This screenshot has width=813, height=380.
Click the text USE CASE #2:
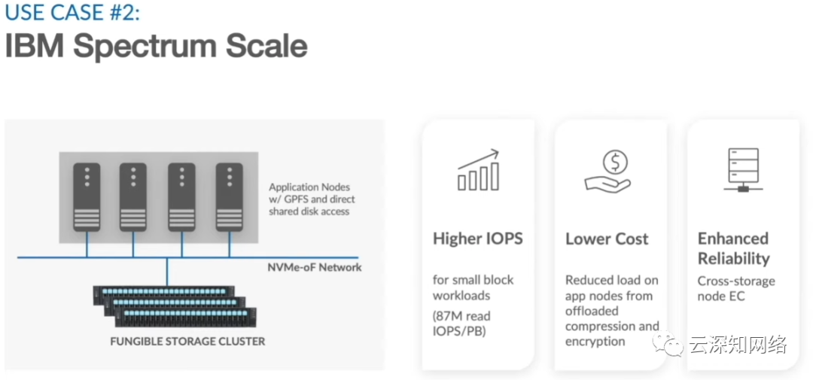point(72,14)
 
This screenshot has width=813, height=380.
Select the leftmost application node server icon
point(87,197)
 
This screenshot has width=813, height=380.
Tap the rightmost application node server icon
point(229,197)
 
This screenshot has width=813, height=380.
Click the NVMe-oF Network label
point(315,268)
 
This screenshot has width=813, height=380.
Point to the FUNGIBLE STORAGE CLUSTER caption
point(187,342)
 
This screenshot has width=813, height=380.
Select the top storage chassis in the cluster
point(163,295)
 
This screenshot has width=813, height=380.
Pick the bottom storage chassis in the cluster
point(186,317)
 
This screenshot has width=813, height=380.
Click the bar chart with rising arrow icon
point(478,170)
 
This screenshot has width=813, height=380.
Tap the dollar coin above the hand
point(615,163)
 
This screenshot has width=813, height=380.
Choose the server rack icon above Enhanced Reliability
point(742,170)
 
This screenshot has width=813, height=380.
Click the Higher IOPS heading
point(478,239)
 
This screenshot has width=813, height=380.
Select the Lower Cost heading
point(607,239)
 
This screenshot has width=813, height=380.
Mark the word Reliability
point(734,259)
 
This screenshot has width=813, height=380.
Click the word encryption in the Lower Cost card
point(595,342)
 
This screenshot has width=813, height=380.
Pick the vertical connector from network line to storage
point(167,272)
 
